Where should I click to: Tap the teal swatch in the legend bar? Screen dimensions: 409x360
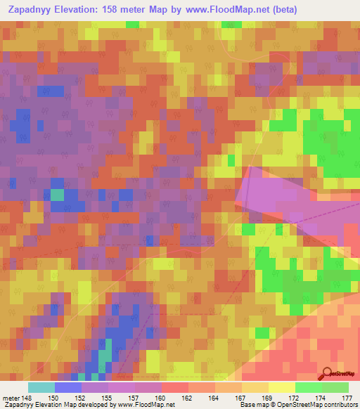point(41,388)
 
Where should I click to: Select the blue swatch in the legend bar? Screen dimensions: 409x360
point(67,388)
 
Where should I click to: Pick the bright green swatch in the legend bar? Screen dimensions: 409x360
point(308,388)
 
